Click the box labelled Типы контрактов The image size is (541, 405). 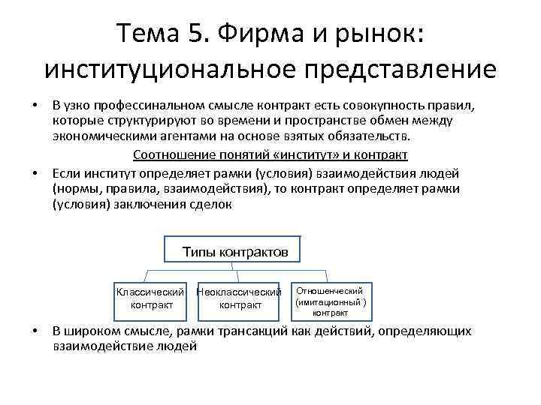[x=231, y=252]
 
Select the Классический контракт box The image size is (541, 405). [x=152, y=298]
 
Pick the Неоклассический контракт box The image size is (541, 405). [x=239, y=298]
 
